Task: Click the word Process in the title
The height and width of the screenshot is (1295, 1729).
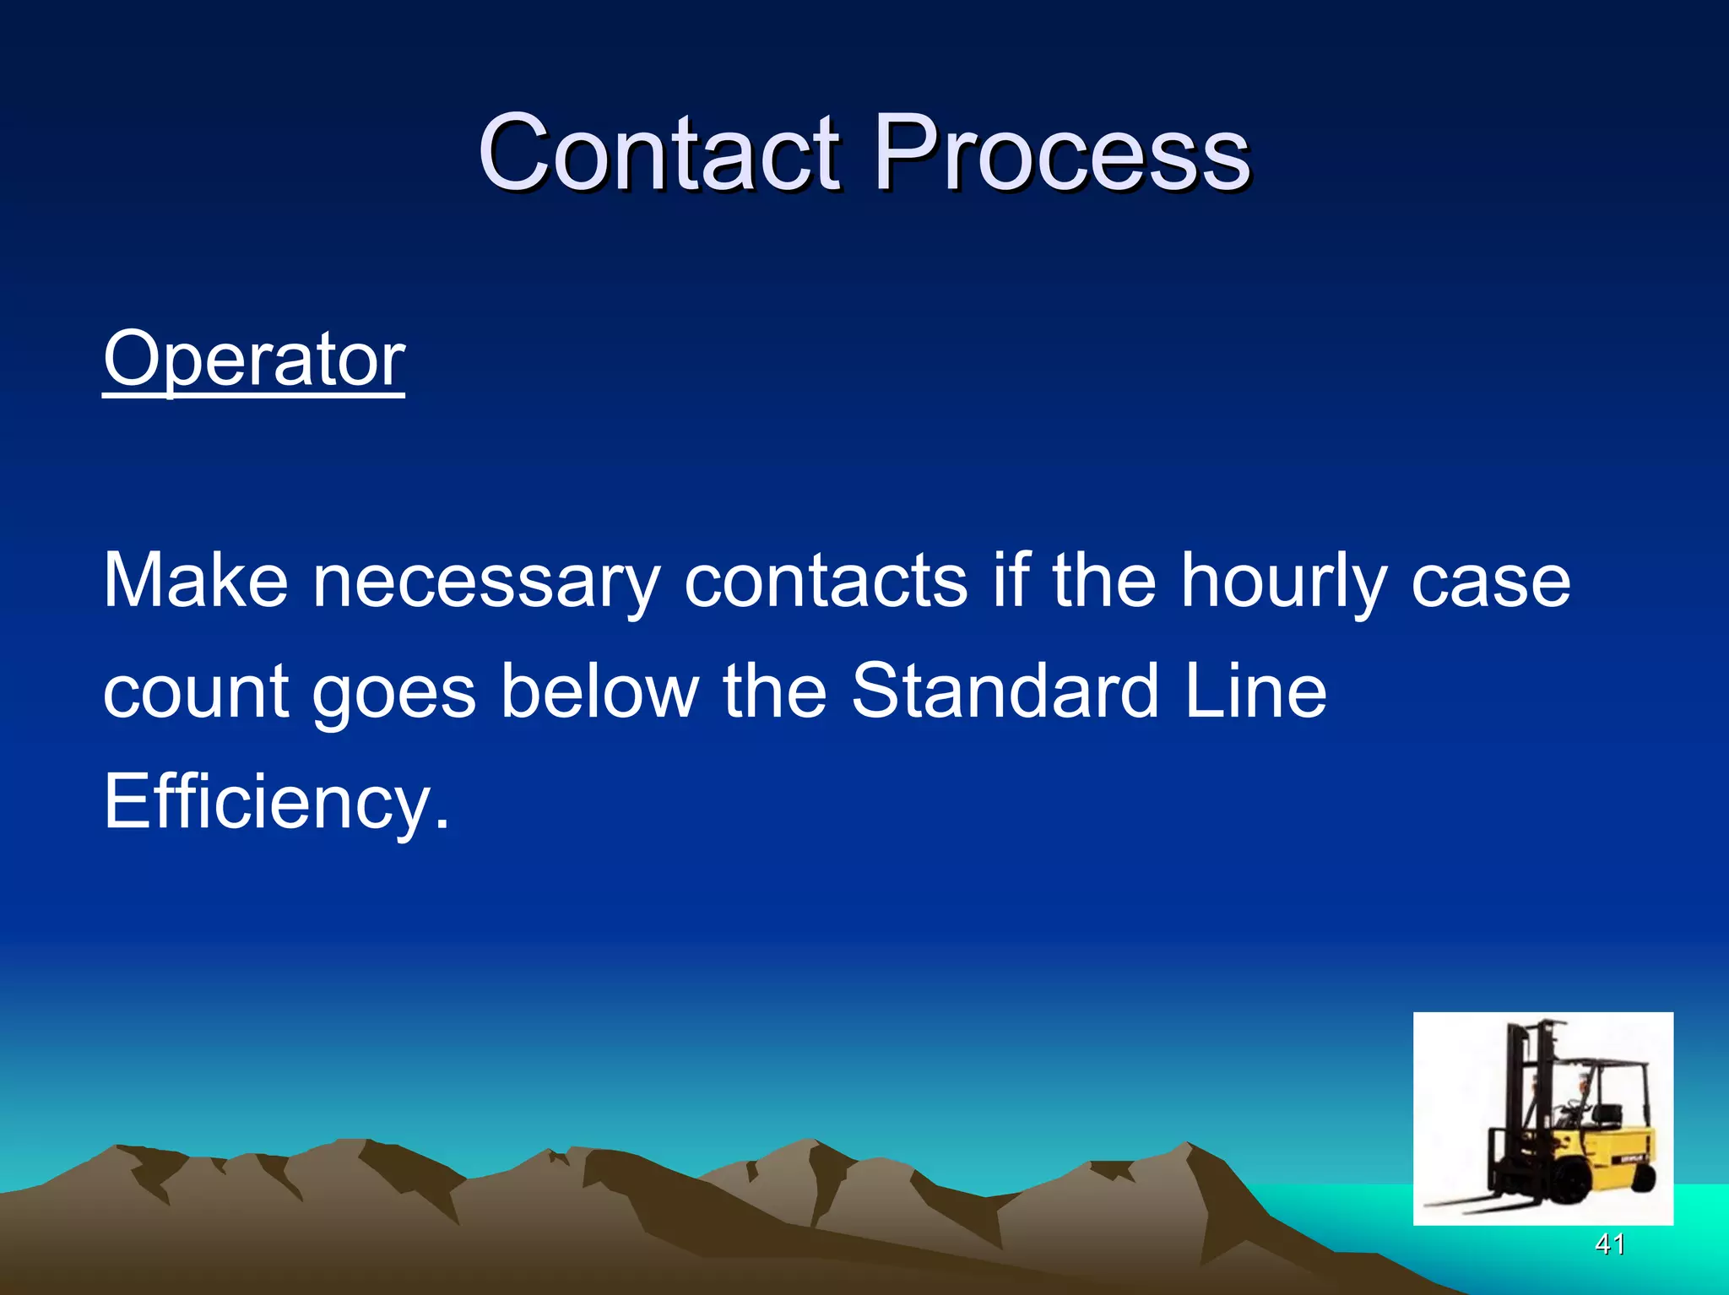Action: coord(1061,154)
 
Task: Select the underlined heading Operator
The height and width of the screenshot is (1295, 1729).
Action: coord(254,360)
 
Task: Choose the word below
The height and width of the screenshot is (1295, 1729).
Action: coord(599,691)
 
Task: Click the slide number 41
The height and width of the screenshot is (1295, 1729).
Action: coord(1609,1244)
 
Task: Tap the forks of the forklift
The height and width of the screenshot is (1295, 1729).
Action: coord(1469,1198)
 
